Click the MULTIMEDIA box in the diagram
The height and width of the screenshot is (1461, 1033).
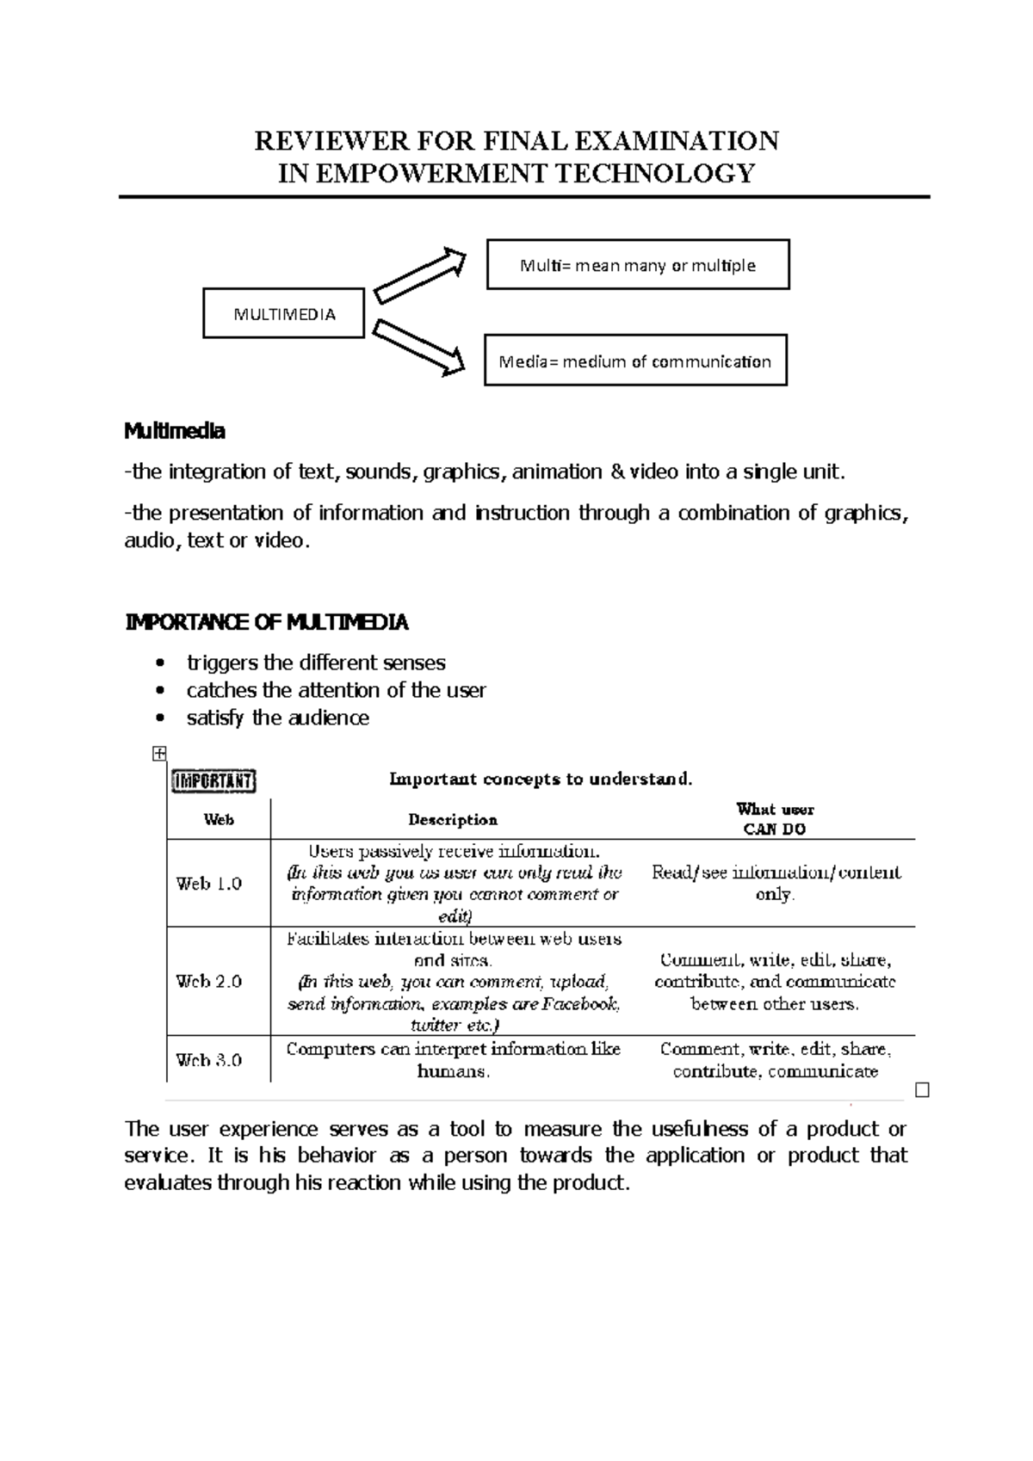click(283, 313)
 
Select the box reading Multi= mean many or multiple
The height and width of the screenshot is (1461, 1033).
click(638, 265)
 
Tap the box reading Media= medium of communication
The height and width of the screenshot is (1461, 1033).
click(635, 361)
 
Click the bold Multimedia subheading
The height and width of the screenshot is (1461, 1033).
click(175, 431)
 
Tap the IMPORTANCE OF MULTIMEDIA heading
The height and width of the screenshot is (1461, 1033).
click(267, 622)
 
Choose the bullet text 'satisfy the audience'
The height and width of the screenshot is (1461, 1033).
click(277, 718)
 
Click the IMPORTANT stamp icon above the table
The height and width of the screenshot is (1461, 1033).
click(213, 780)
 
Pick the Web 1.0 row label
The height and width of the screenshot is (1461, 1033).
click(209, 884)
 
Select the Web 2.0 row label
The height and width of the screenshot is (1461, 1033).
click(209, 981)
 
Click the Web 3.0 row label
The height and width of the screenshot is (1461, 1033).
click(209, 1060)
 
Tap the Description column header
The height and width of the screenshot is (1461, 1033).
click(453, 820)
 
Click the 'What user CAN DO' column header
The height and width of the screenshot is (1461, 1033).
click(775, 819)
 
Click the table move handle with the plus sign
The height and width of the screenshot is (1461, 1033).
click(158, 754)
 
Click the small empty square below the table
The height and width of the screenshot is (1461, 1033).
click(923, 1091)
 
